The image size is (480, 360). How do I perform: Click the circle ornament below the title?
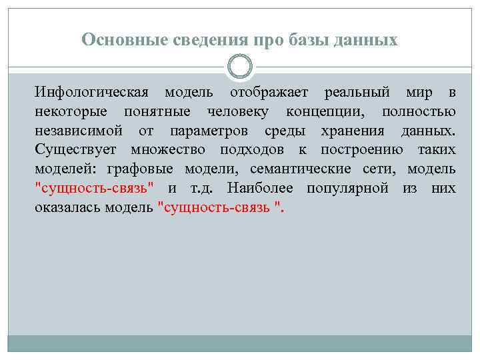click(x=240, y=67)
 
